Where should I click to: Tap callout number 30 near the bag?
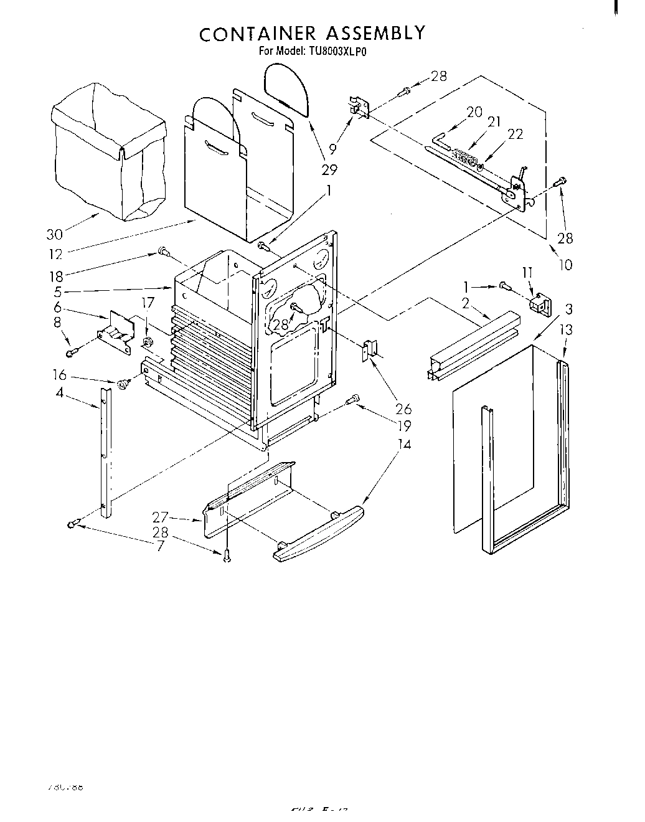(55, 235)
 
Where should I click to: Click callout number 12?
(55, 254)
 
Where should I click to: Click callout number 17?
(147, 303)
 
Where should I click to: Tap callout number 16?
(59, 376)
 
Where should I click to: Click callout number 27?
(160, 516)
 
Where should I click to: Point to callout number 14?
(405, 445)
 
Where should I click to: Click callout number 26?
(403, 409)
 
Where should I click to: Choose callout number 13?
(567, 330)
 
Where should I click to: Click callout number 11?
(528, 272)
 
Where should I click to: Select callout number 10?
(565, 265)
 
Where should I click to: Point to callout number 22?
(516, 134)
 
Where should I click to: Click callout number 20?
(474, 112)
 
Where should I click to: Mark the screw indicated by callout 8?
(72, 353)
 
